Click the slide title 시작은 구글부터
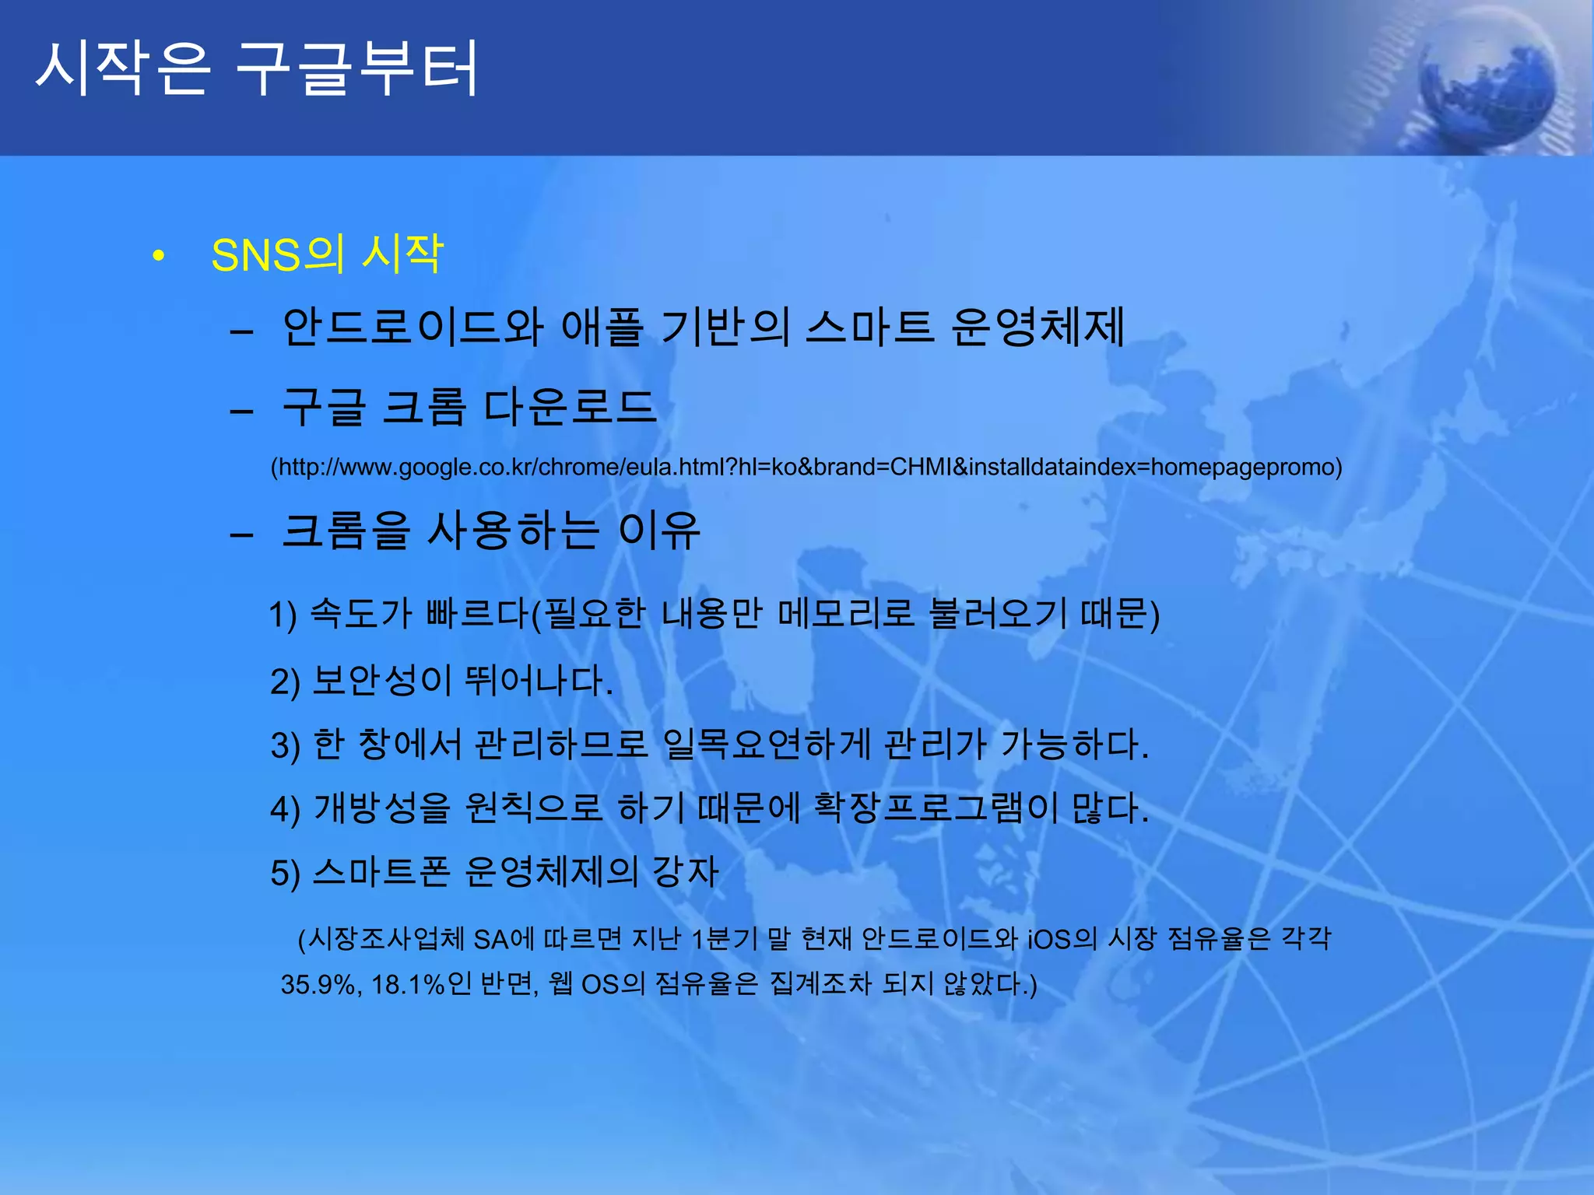click(x=257, y=70)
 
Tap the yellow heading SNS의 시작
click(x=327, y=254)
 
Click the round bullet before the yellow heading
click(x=159, y=256)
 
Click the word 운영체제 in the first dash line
click(x=1038, y=327)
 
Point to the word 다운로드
click(x=570, y=407)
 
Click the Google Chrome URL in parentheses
click(x=806, y=467)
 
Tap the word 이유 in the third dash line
click(x=659, y=531)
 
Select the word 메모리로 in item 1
click(x=845, y=614)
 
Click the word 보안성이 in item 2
click(x=381, y=680)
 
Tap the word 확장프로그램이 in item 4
click(x=935, y=808)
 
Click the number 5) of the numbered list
click(x=285, y=873)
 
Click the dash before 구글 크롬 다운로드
click(x=242, y=410)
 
